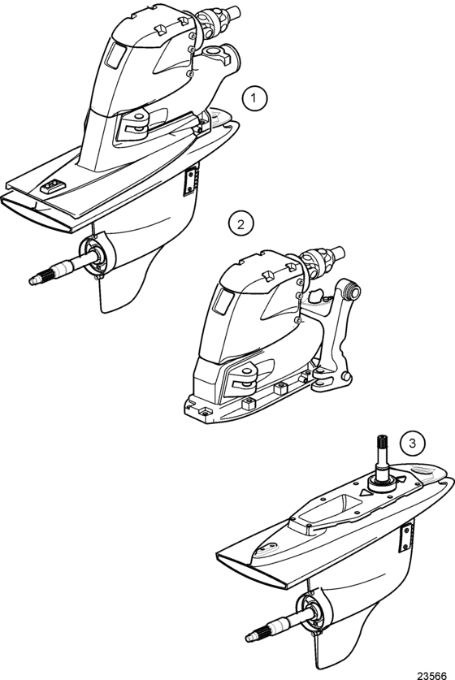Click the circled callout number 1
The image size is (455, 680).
[254, 98]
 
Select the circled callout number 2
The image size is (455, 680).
[240, 223]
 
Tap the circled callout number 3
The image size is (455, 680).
[412, 444]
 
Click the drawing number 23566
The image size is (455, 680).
[431, 675]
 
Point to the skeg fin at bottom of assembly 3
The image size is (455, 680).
[344, 638]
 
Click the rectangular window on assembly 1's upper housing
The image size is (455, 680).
[116, 55]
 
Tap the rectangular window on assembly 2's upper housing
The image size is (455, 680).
[223, 301]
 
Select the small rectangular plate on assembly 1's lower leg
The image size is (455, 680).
[189, 182]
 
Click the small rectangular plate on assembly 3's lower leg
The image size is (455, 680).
[405, 537]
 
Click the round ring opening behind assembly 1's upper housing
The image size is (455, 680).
[214, 52]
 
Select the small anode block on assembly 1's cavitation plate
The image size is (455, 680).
[53, 187]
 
